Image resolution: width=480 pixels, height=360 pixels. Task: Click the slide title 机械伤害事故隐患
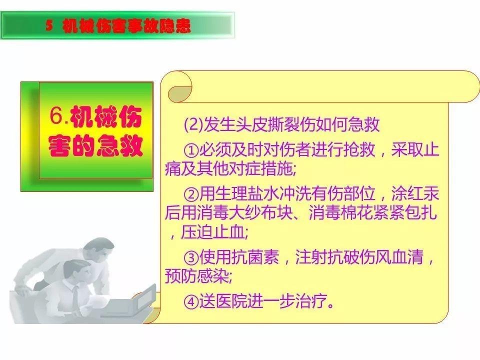tap(127, 26)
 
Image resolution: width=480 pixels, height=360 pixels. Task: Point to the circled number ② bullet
tap(191, 193)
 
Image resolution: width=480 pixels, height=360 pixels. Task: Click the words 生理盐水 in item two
tap(239, 193)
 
